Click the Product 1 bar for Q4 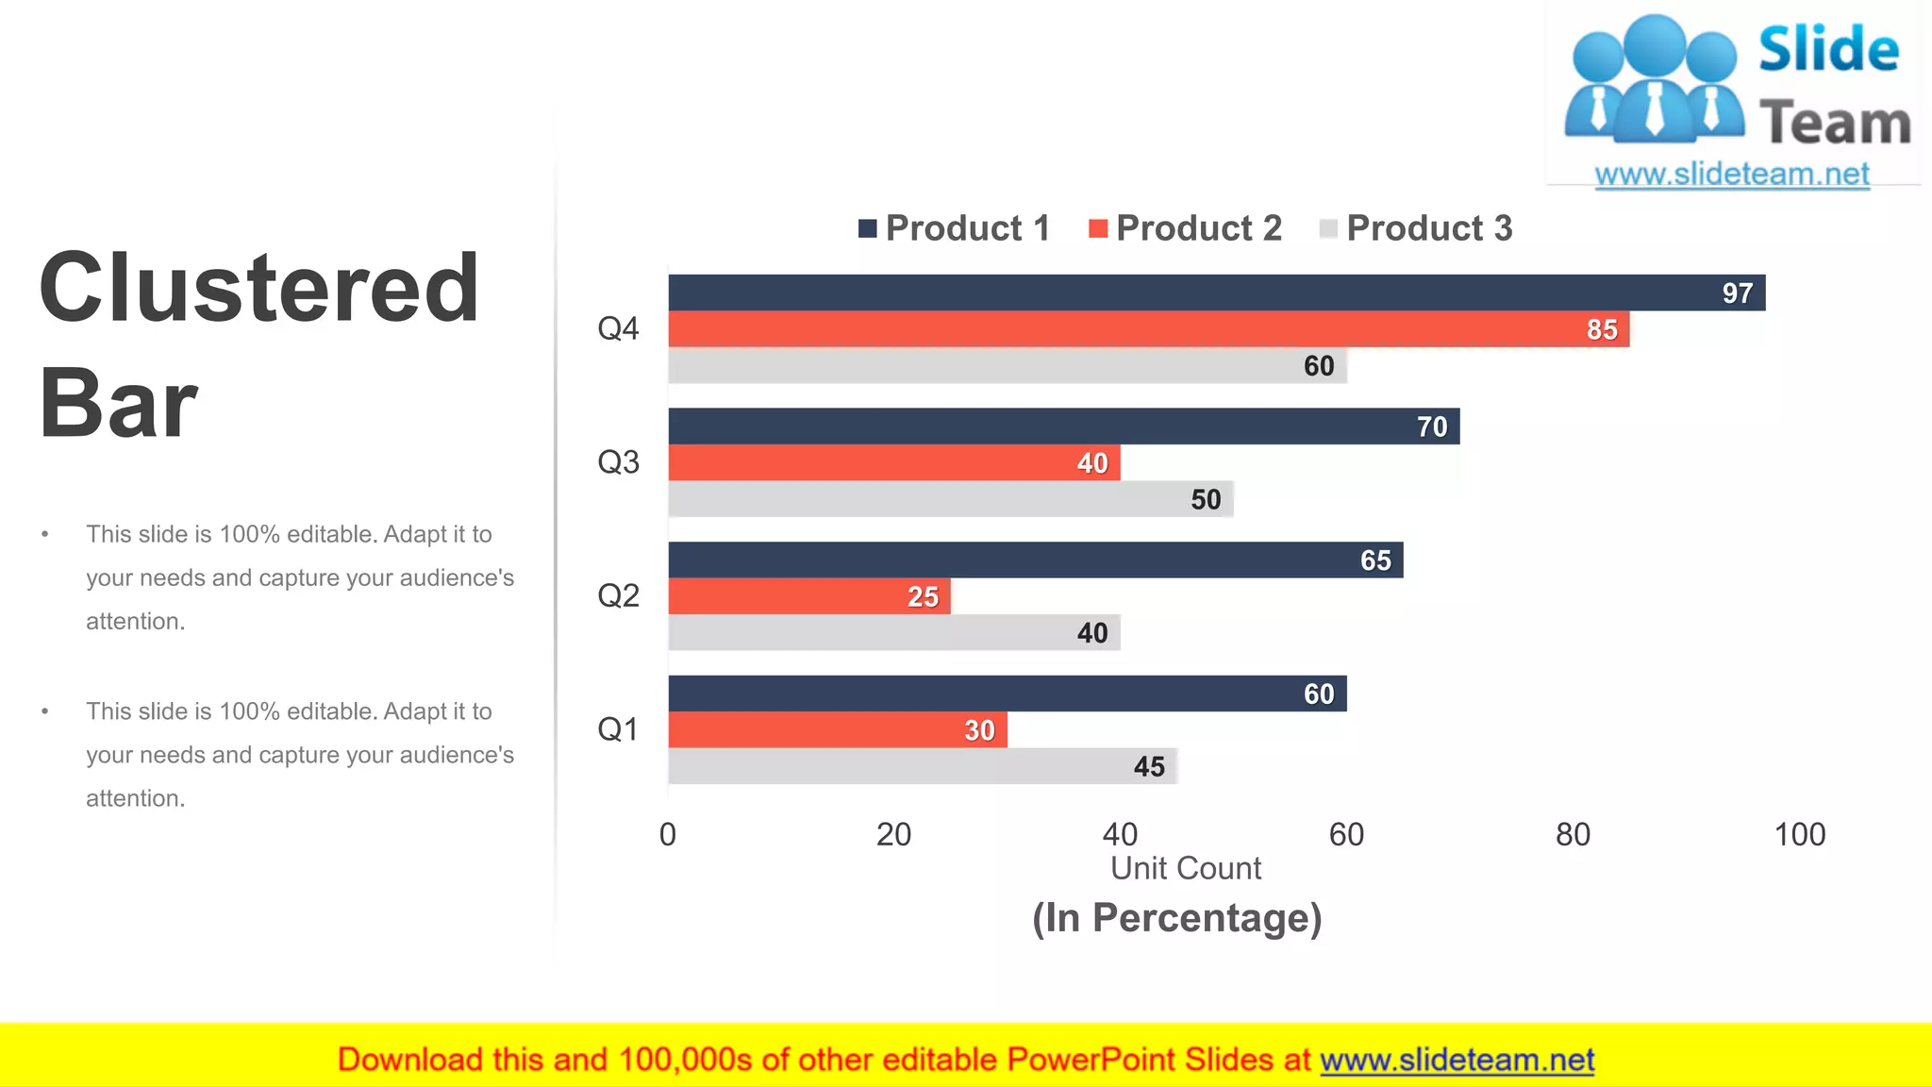(x=1132, y=293)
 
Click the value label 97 (x=1737, y=293)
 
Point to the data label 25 (x=923, y=596)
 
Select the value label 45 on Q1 (x=1148, y=766)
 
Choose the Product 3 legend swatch (x=1328, y=228)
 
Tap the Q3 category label (x=618, y=462)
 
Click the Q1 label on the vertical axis (x=618, y=729)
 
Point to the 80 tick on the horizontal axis (x=1573, y=834)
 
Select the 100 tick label (x=1799, y=834)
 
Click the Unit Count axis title (x=1185, y=868)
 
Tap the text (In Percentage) (x=1176, y=917)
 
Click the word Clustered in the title (x=259, y=288)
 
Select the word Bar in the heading (x=118, y=404)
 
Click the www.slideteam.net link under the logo (x=1731, y=174)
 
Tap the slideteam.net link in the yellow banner (x=1457, y=1060)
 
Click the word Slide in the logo (x=1827, y=49)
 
